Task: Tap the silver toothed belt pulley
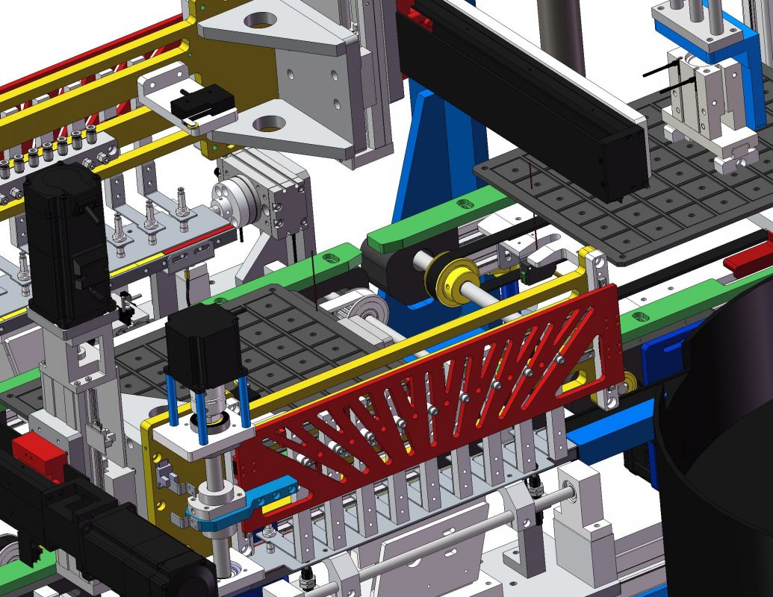[x=365, y=306]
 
